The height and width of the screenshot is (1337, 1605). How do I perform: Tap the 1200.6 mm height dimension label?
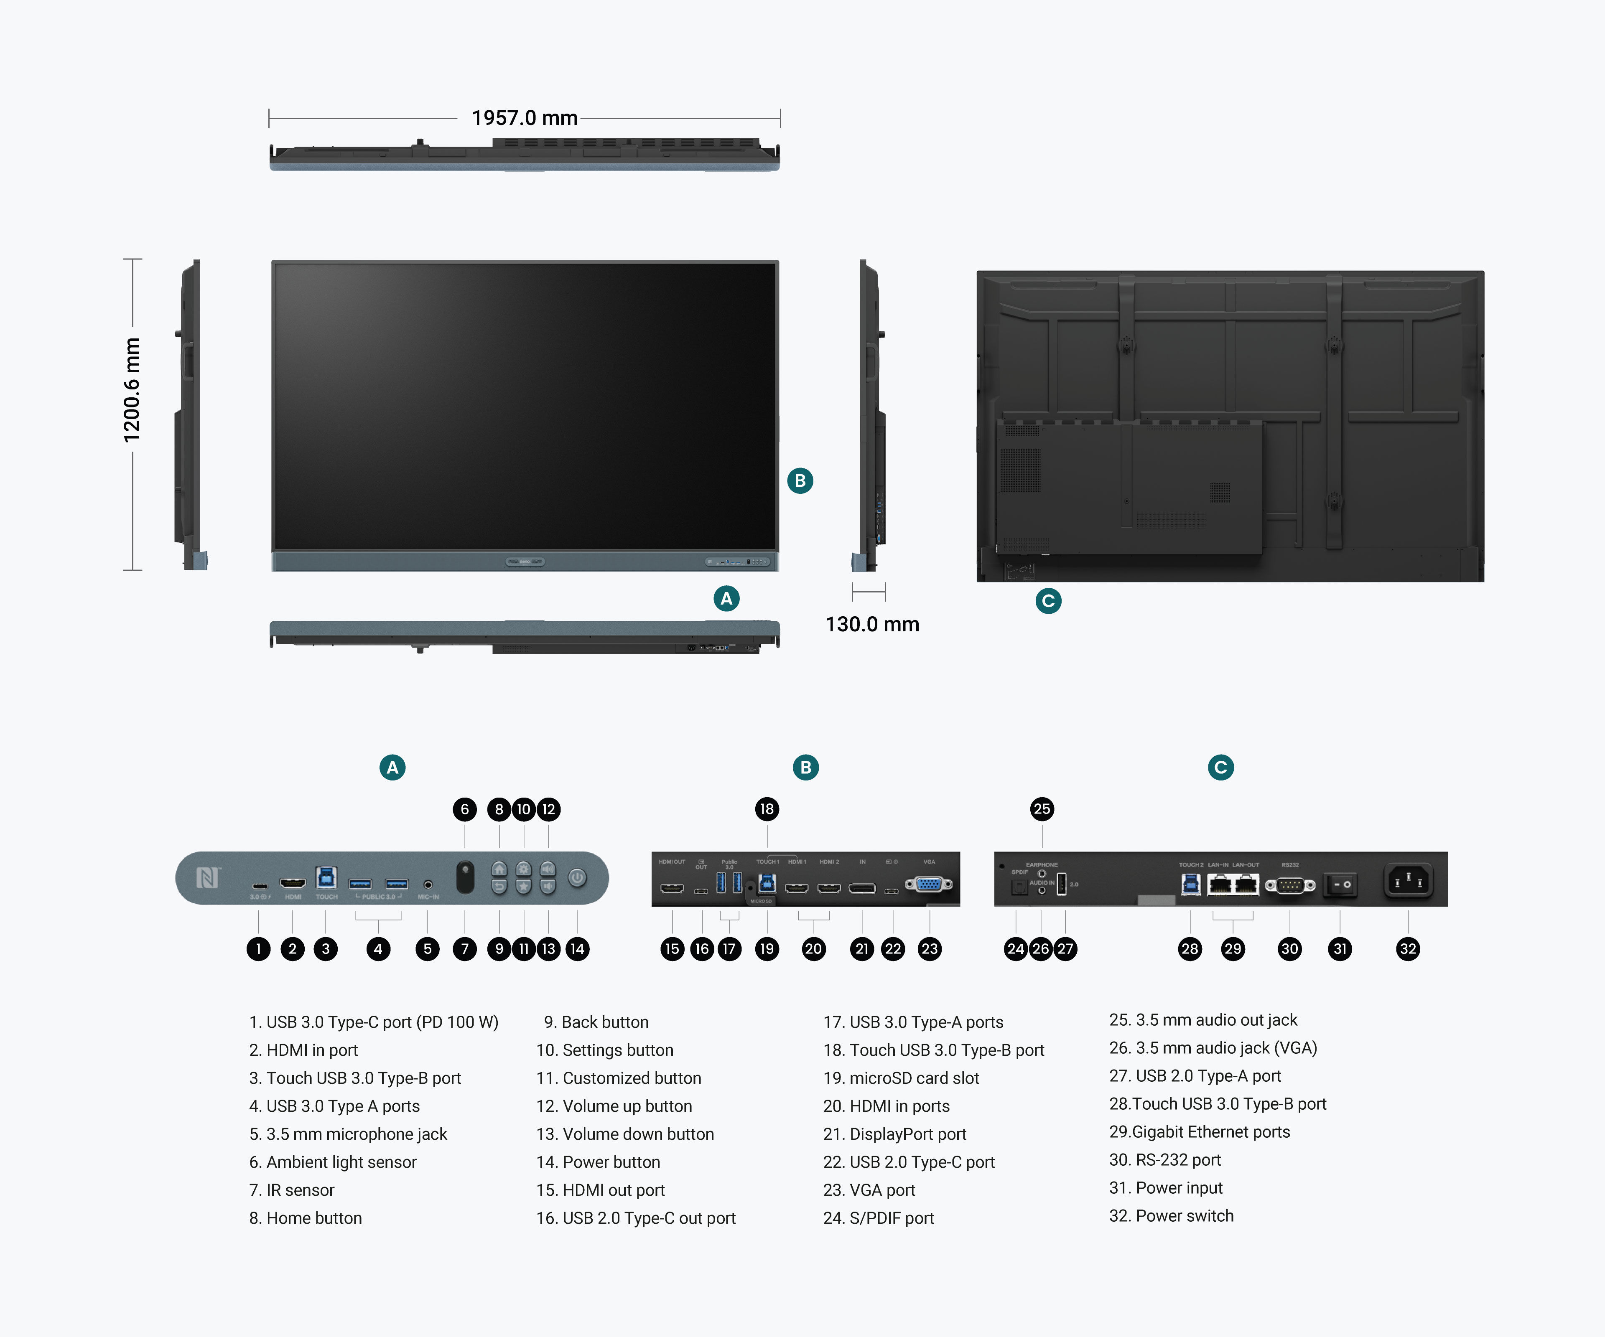[132, 390]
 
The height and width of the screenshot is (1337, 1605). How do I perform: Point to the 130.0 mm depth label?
[872, 624]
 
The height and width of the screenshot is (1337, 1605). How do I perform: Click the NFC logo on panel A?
[208, 878]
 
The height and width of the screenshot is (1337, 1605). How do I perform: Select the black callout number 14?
[577, 949]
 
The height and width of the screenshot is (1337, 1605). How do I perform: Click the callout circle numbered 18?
[767, 809]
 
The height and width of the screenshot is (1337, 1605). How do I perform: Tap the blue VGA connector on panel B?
[929, 885]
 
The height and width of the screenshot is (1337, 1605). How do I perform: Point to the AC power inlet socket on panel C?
[1408, 882]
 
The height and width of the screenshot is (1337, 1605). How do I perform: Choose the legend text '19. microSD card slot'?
[901, 1078]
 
